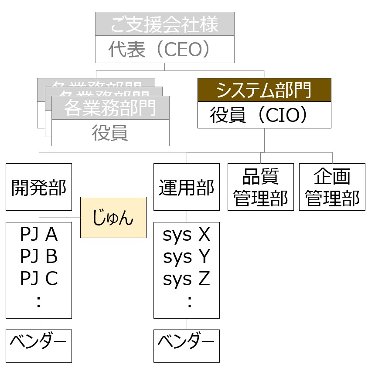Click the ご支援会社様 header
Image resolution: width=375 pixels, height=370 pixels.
(164, 24)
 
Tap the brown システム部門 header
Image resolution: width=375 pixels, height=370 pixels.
(264, 91)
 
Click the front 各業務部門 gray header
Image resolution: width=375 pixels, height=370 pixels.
(110, 108)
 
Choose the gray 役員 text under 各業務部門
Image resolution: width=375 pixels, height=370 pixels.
(110, 133)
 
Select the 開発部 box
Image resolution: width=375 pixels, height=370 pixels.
(39, 187)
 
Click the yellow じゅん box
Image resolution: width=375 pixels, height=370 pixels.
(113, 217)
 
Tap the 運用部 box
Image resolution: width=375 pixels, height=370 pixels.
(187, 187)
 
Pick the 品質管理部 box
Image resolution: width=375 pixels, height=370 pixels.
(261, 187)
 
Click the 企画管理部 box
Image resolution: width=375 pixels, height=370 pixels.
(332, 187)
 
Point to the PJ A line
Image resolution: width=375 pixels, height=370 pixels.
(39, 235)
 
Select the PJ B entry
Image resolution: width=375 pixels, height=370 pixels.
(39, 257)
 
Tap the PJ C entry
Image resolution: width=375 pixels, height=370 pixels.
(39, 279)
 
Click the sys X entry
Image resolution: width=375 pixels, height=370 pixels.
(187, 235)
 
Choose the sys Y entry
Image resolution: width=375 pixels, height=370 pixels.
(187, 257)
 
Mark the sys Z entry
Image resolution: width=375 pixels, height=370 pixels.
(187, 279)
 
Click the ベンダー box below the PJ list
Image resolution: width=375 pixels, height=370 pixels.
(39, 346)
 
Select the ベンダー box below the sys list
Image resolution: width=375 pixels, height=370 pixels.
(187, 346)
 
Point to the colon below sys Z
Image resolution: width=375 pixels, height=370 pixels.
(189, 302)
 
